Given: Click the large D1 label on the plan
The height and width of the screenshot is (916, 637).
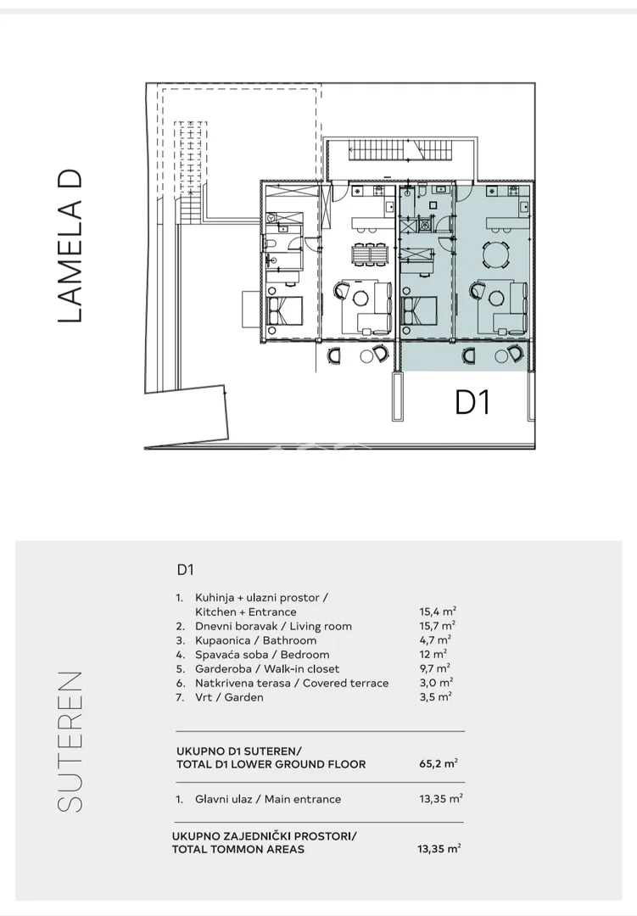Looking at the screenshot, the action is pyautogui.click(x=472, y=403).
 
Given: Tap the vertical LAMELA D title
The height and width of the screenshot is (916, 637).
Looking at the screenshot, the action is pyautogui.click(x=70, y=246).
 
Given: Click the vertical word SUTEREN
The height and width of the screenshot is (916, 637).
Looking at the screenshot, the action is pyautogui.click(x=70, y=741).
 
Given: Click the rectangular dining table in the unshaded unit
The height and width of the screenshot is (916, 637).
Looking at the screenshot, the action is pyautogui.click(x=369, y=254).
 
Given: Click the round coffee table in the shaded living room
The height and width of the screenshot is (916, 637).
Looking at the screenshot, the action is pyautogui.click(x=496, y=299).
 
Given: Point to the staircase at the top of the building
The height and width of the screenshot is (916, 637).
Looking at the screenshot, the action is pyautogui.click(x=401, y=150).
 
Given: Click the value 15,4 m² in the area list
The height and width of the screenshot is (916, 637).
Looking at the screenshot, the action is pyautogui.click(x=438, y=612).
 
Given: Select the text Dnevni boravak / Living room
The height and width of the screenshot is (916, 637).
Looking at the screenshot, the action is pyautogui.click(x=273, y=626).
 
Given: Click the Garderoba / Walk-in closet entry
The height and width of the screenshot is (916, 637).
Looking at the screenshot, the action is pyautogui.click(x=267, y=669).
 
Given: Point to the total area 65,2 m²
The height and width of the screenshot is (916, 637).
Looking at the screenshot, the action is pyautogui.click(x=439, y=763).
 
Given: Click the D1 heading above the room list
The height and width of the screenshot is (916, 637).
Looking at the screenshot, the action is pyautogui.click(x=185, y=570).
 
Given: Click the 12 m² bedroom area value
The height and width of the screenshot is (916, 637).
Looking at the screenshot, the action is pyautogui.click(x=433, y=654).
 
